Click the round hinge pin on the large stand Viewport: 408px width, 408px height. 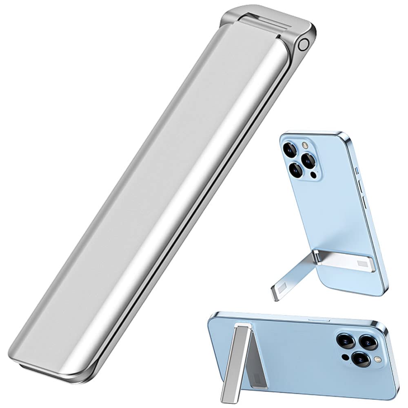pyautogui.click(x=303, y=44)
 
